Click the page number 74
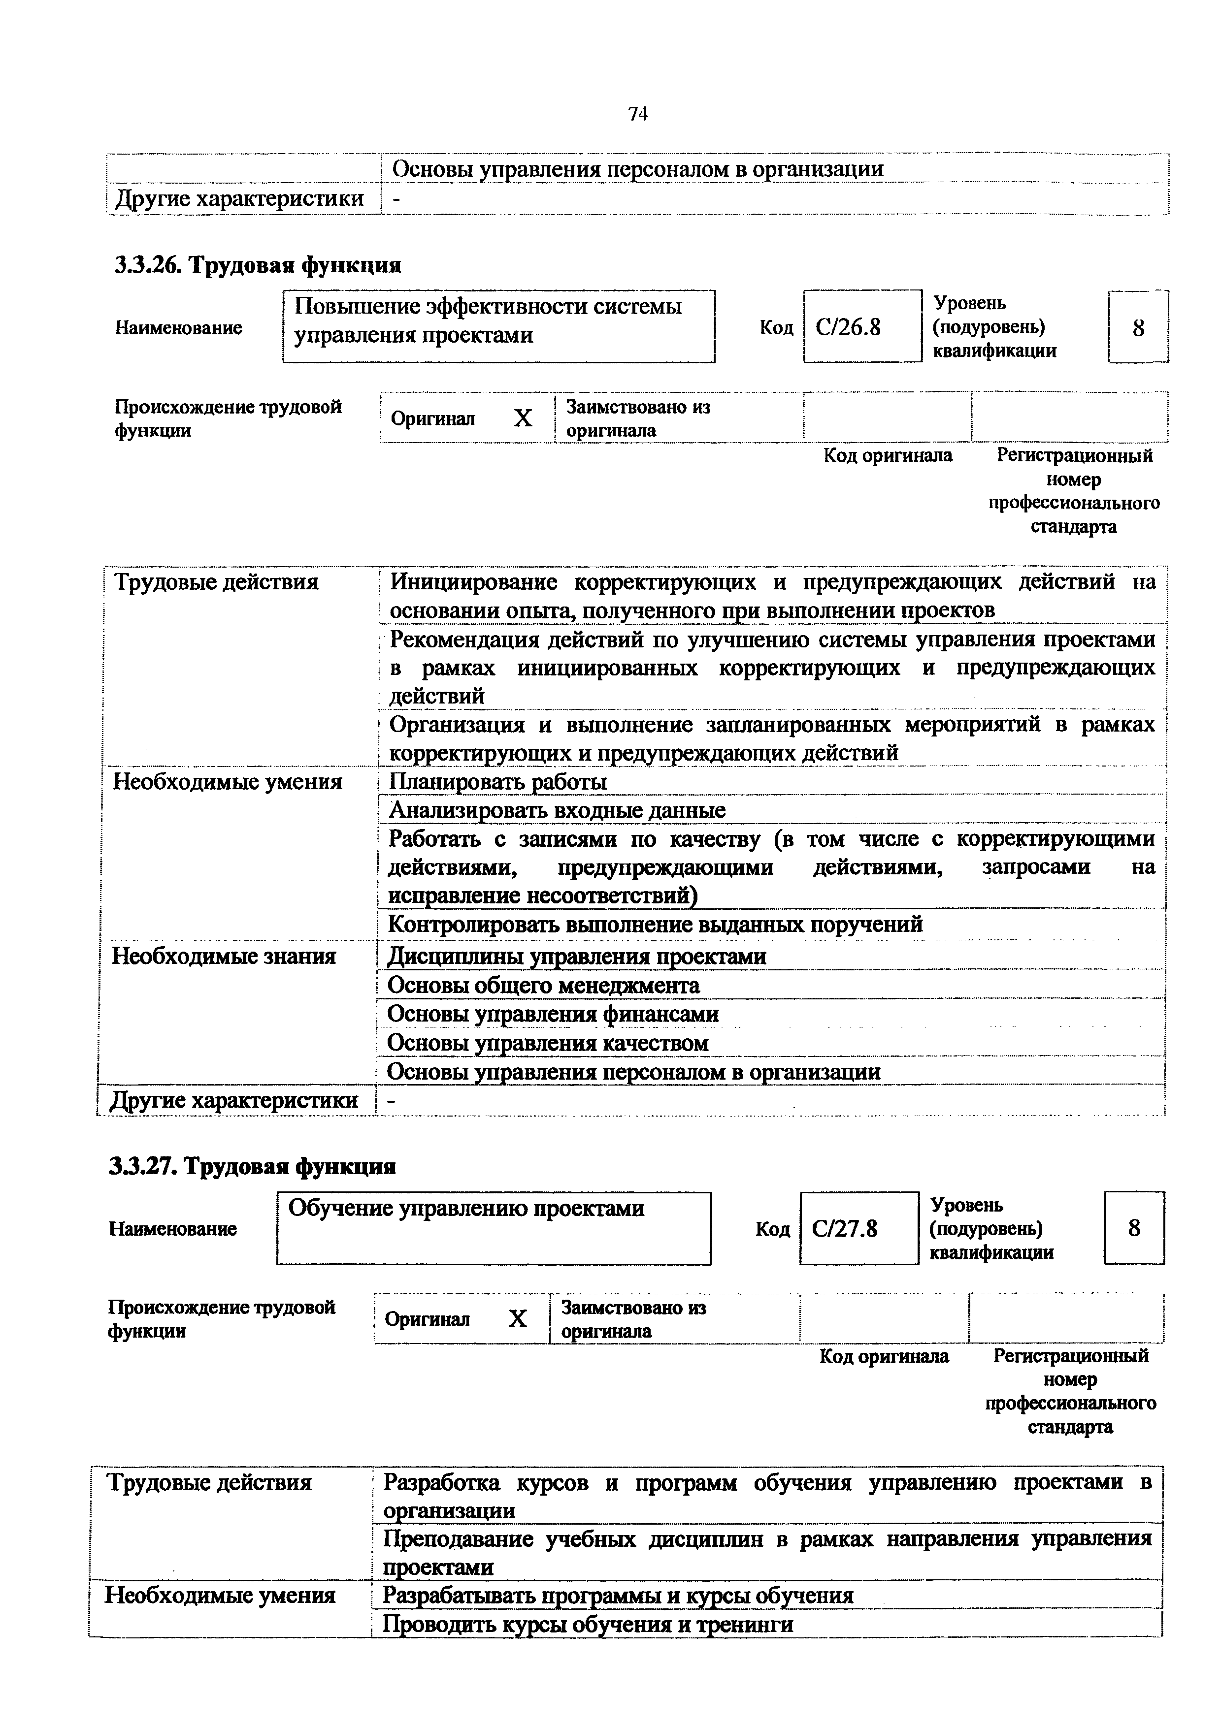tap(638, 114)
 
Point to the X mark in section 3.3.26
tap(523, 418)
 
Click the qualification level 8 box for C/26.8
tap(1138, 328)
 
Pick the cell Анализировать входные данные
tap(557, 811)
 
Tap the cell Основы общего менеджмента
tap(543, 986)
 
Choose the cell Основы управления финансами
tap(553, 1015)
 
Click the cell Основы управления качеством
tap(548, 1043)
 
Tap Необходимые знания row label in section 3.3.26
tap(224, 957)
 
